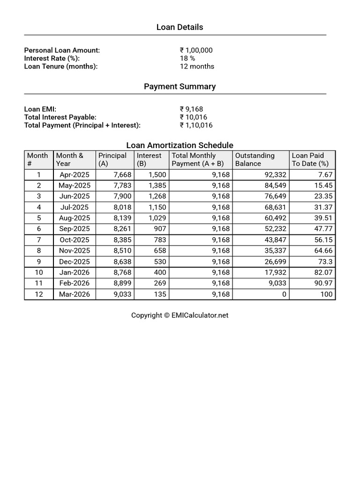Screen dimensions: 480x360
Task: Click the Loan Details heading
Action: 180,27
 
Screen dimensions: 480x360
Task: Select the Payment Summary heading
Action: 180,86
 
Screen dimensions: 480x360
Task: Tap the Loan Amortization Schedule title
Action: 180,145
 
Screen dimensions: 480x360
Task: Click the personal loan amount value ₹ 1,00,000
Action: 196,50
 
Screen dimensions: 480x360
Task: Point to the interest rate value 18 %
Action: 187,58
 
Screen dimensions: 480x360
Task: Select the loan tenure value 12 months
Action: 197,66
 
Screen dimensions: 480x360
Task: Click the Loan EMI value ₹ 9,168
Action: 191,109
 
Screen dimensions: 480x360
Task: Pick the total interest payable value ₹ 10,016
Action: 193,117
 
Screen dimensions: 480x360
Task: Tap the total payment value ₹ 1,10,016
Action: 196,125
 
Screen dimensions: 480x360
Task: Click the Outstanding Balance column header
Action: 255,159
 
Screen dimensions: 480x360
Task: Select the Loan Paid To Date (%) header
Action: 310,159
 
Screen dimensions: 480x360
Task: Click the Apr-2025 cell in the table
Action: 75,175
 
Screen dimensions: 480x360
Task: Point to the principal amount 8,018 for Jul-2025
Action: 122,207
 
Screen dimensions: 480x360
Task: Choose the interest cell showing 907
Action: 160,229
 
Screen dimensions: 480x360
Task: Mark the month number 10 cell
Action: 39,272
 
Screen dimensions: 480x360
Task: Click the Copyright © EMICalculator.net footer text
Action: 180,315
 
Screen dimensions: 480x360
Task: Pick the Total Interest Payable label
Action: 60,117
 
